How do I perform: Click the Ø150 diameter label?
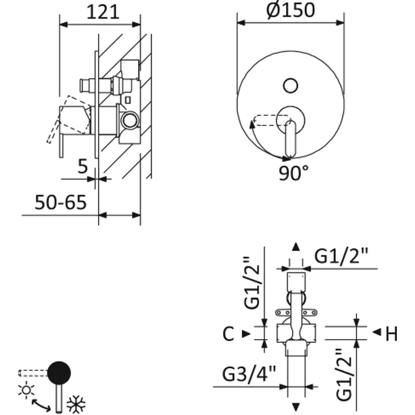click(x=292, y=10)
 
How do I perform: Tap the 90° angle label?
click(x=293, y=174)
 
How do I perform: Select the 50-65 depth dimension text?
click(x=60, y=202)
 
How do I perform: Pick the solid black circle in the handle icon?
click(x=59, y=372)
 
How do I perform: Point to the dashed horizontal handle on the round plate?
click(x=266, y=121)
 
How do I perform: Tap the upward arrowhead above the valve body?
click(x=295, y=246)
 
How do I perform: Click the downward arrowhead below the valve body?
click(x=296, y=406)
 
